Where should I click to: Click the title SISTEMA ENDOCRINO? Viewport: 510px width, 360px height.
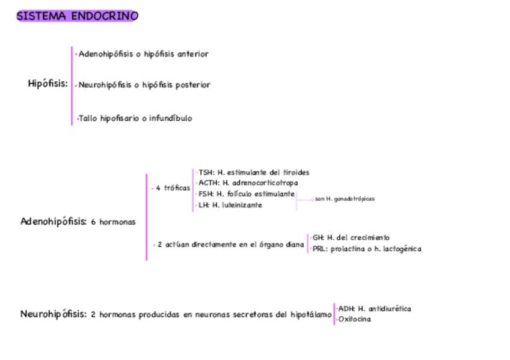(77, 16)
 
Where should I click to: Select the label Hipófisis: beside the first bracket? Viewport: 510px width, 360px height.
(48, 84)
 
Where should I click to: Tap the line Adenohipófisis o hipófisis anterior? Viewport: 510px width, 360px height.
(143, 54)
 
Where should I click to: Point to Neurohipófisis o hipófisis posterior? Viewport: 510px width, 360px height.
(144, 85)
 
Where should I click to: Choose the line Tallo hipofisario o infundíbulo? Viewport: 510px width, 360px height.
(135, 118)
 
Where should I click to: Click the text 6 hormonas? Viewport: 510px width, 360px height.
(113, 222)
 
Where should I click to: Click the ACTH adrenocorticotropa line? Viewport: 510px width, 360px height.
(248, 183)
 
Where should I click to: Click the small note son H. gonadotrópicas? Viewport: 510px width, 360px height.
(345, 199)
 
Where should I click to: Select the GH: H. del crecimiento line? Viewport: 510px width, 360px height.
(351, 238)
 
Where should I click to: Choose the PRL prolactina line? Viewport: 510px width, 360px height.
(366, 249)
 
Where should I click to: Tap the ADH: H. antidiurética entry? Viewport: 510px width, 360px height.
(374, 309)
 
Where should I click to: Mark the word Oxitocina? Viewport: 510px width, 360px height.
(354, 319)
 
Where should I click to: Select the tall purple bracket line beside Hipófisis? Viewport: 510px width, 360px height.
(72, 86)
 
